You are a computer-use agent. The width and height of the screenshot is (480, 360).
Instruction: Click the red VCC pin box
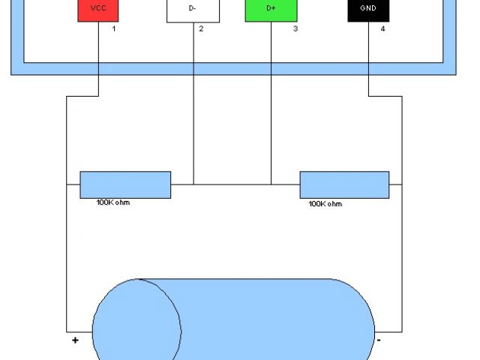coord(97,10)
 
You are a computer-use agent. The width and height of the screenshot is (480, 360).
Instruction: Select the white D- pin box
coord(193,10)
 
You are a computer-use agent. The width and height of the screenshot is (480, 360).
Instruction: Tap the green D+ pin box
coord(271,10)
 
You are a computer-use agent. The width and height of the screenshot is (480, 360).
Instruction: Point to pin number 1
coord(114,29)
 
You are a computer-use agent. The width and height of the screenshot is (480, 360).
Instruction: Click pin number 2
coord(200,29)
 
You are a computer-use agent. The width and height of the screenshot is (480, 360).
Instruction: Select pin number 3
coord(295,29)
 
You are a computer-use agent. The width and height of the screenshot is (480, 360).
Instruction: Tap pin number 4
coord(382,29)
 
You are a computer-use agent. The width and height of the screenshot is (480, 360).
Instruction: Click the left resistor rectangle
coord(125,184)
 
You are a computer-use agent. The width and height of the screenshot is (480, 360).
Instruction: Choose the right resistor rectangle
coord(344,184)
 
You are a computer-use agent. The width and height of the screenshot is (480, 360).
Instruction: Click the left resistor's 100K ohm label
coord(113,202)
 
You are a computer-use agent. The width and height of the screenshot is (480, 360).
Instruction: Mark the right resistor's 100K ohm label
coord(325,203)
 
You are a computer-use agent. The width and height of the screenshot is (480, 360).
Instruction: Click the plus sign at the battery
coord(75,340)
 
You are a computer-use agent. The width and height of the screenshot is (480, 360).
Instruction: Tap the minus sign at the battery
coord(379,340)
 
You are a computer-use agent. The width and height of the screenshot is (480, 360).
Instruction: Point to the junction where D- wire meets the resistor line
coord(193,184)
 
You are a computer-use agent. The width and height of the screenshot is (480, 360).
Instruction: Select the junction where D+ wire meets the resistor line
coord(271,184)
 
